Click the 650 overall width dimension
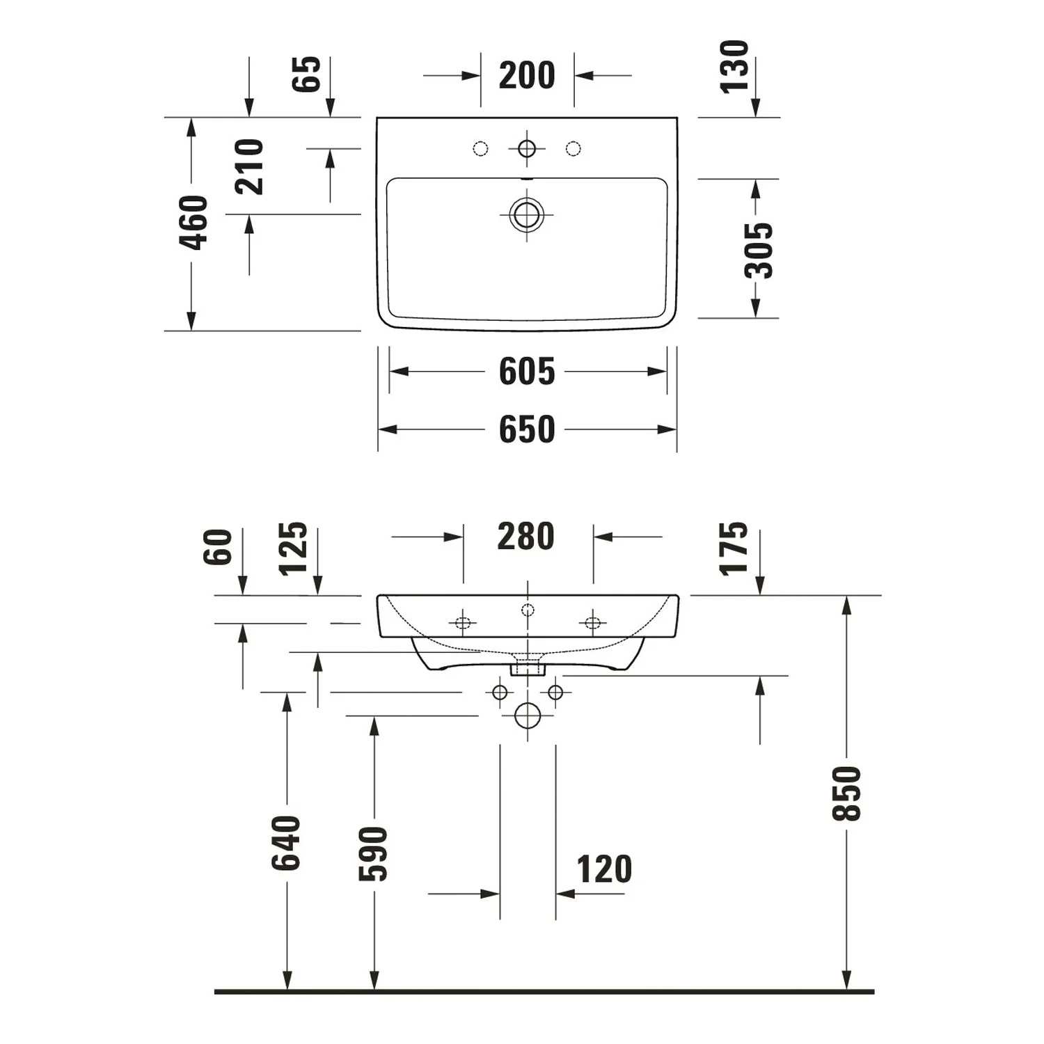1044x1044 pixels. point(526,429)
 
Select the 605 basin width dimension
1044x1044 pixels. point(526,371)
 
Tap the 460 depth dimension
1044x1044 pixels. point(193,223)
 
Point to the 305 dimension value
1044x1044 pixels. point(758,250)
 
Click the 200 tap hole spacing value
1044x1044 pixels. point(527,75)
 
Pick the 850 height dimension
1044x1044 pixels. point(847,793)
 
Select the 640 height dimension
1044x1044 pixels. point(286,843)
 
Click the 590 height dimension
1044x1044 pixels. point(374,854)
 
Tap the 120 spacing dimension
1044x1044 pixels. point(604,869)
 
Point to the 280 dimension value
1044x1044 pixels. point(525,537)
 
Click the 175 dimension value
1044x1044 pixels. point(734,549)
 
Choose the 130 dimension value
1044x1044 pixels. point(734,66)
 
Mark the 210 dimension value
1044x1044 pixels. point(249,167)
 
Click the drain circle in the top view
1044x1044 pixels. point(527,214)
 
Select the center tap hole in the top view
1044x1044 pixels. point(527,148)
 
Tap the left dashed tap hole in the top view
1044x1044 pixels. point(480,148)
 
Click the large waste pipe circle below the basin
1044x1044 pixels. point(528,715)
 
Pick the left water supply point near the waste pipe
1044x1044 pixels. point(500,693)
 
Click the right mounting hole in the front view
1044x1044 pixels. point(592,622)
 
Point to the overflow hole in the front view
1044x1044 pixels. point(528,610)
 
